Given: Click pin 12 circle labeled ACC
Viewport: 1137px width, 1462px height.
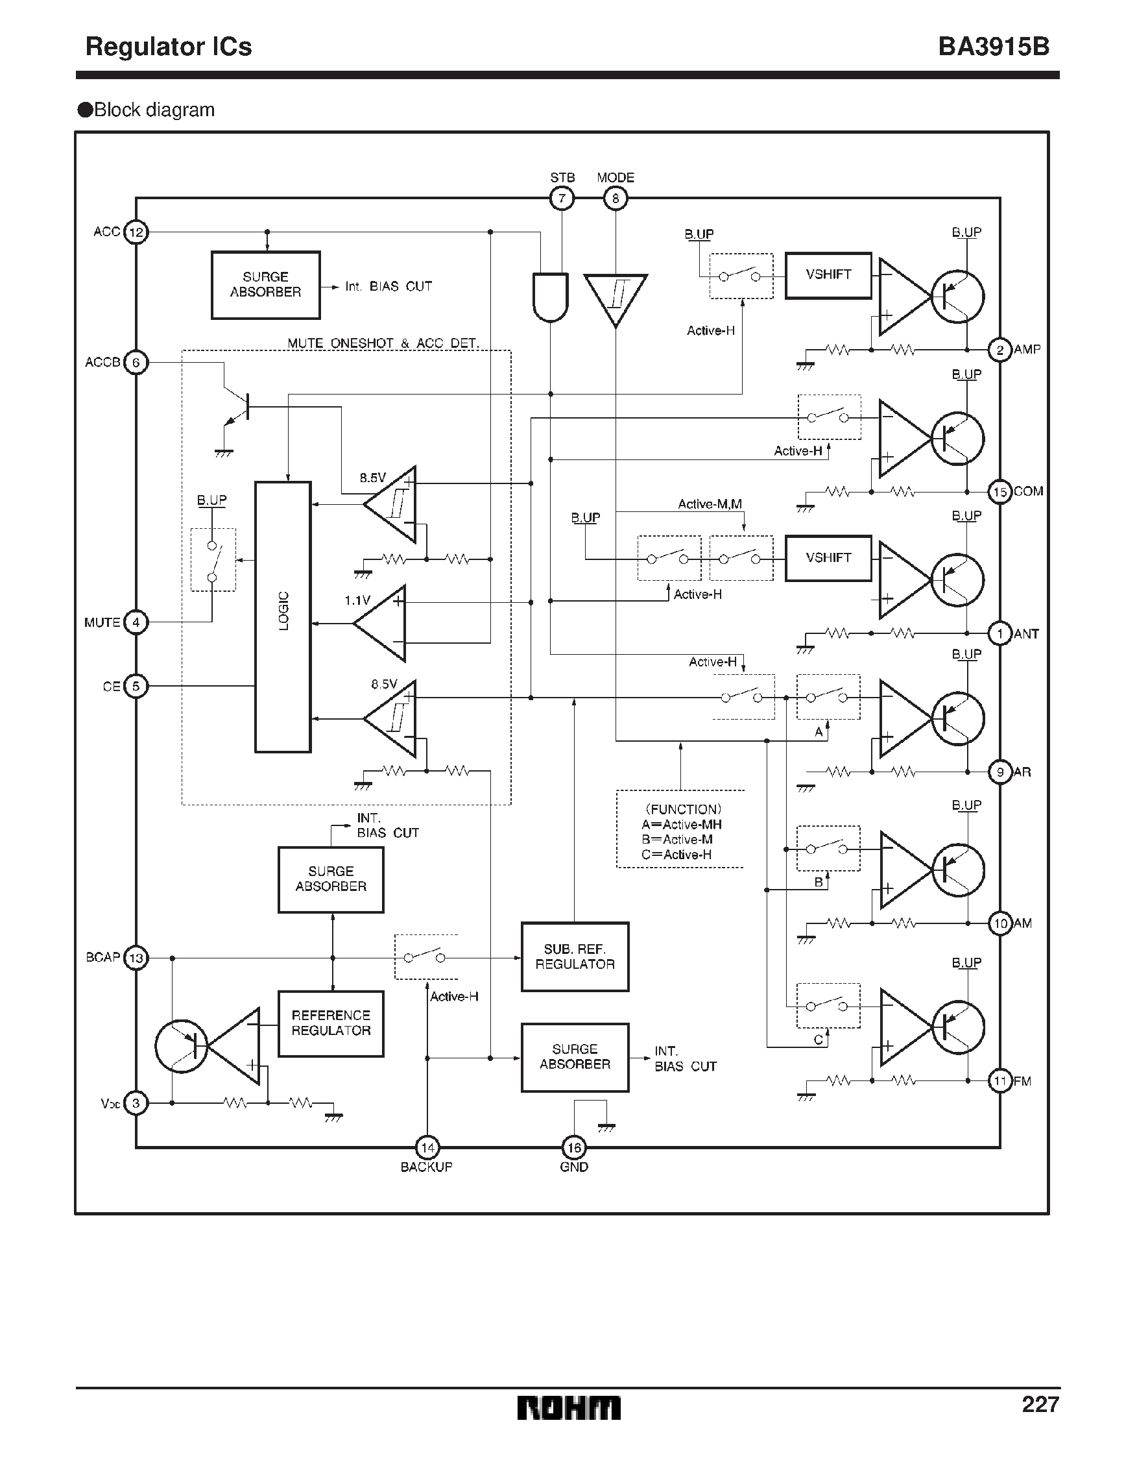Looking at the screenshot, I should [x=136, y=232].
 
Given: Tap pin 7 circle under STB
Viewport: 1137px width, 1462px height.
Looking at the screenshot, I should [x=562, y=198].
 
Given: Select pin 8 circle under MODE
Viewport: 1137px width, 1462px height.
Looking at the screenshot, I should [x=615, y=198].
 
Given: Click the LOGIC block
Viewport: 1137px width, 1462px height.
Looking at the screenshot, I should [x=283, y=616].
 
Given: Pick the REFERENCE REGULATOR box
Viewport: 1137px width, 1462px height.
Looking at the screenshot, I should [x=331, y=1023].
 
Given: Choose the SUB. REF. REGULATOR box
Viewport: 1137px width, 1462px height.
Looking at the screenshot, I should [x=575, y=956].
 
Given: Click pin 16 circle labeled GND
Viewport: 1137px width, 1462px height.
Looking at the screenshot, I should [x=573, y=1147].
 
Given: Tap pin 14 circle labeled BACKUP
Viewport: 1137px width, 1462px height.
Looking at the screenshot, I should [x=427, y=1147].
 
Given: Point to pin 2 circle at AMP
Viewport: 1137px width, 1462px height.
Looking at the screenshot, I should [x=999, y=349].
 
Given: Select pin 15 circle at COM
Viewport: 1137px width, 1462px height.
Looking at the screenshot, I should [x=999, y=492].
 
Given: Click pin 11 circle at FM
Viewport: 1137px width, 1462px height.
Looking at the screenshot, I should [x=999, y=1080].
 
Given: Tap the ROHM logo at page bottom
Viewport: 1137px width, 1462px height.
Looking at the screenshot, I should [x=568, y=1407].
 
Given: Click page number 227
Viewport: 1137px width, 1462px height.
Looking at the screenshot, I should [x=1040, y=1404].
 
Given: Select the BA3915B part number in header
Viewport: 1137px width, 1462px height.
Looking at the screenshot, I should [x=993, y=47].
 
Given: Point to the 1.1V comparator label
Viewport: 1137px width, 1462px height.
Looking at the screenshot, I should [x=357, y=600].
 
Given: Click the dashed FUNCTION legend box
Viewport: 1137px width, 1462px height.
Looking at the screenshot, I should [x=680, y=829].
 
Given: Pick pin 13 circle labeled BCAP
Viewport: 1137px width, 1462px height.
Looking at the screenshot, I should [x=136, y=958].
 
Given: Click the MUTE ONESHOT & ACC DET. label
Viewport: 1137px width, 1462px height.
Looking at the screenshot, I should [x=383, y=343].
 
